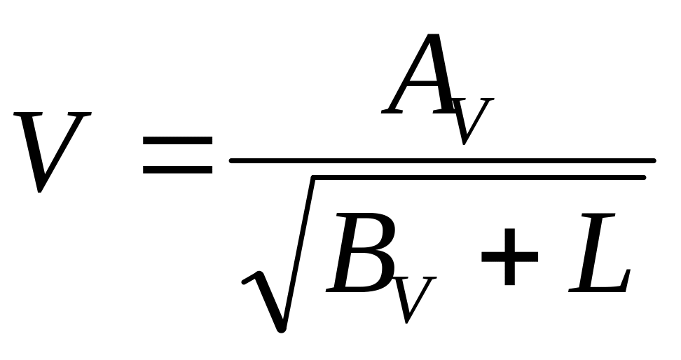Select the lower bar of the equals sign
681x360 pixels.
click(x=177, y=169)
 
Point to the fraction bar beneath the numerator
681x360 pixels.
click(x=441, y=160)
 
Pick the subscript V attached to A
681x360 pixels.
click(x=468, y=120)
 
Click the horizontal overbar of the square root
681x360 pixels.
click(x=476, y=178)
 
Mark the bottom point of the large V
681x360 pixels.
click(x=41, y=191)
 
